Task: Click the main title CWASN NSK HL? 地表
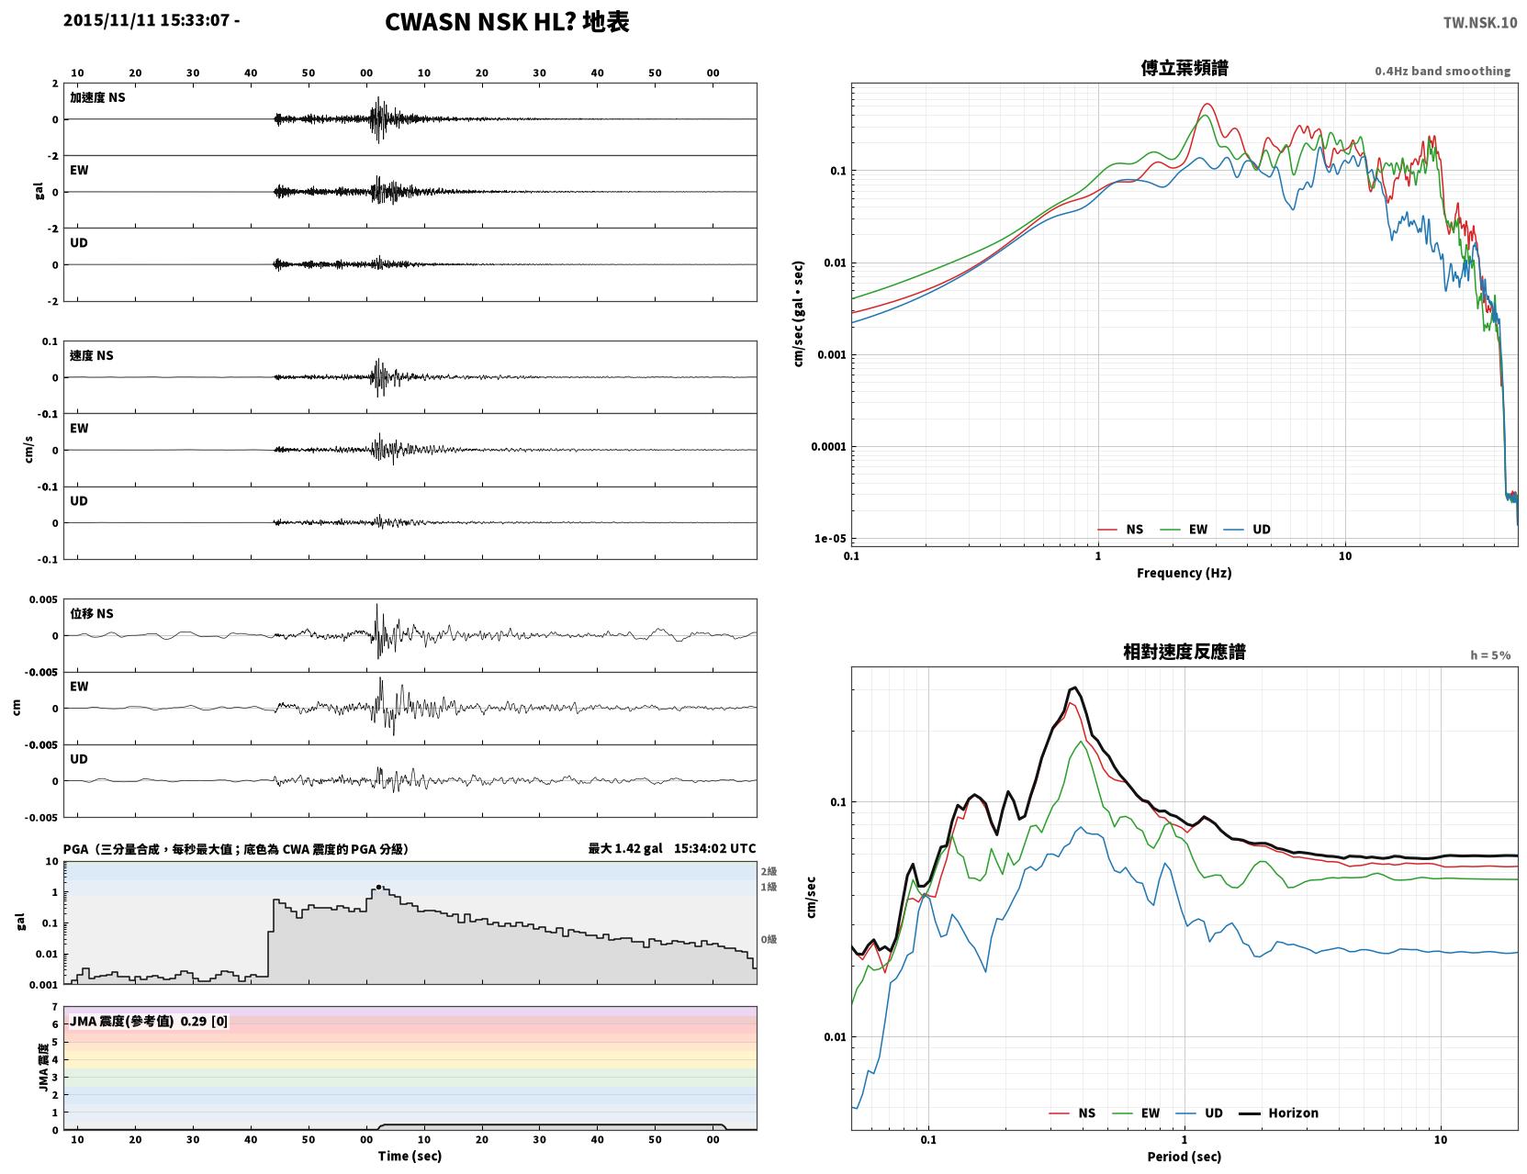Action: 506,22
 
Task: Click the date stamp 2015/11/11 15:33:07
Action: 146,19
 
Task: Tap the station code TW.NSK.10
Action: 1479,22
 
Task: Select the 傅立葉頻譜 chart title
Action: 1184,68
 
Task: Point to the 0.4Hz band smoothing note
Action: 1442,71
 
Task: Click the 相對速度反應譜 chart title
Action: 1184,652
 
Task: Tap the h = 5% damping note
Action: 1489,655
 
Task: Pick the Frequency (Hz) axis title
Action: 1184,573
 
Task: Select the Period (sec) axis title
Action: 1184,1157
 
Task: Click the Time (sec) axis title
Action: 410,1156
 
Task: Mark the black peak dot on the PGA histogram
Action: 378,887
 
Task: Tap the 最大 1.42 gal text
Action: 624,848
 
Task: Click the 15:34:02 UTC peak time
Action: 714,848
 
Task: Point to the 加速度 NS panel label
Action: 97,97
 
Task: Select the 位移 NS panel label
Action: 91,614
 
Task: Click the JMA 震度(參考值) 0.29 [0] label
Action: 148,1021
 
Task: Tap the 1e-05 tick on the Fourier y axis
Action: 830,539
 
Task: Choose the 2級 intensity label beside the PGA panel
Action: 769,871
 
